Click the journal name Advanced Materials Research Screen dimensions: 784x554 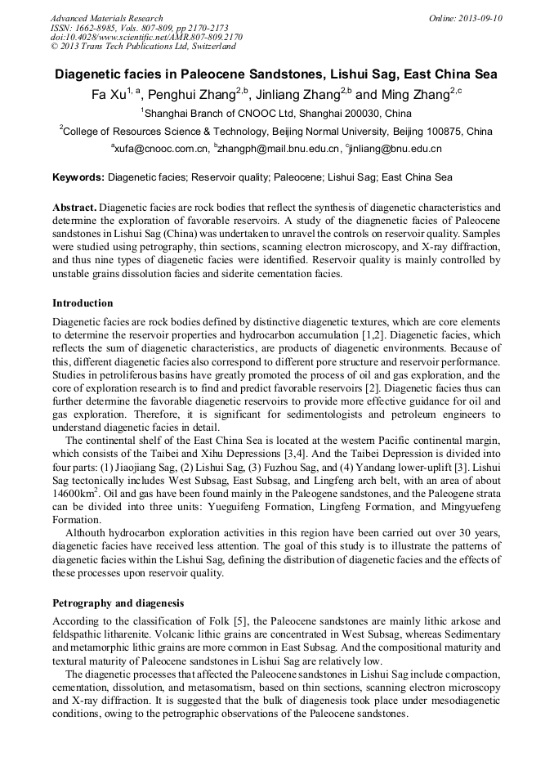click(106, 18)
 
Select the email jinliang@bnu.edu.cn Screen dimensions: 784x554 click(396, 150)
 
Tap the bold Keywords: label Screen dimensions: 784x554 click(78, 177)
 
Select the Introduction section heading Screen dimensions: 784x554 click(83, 303)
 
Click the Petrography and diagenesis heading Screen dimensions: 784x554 click(118, 603)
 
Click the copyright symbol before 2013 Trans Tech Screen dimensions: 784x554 click(54, 47)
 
